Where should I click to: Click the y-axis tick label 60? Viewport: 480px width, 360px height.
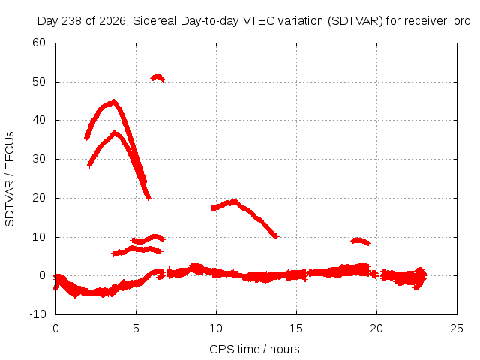(x=39, y=43)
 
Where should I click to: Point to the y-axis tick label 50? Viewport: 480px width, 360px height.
(x=39, y=82)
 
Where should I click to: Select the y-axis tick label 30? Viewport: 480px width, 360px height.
(x=39, y=159)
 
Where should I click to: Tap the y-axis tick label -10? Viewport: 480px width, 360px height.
(x=37, y=314)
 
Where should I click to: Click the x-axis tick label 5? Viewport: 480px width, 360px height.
(x=136, y=328)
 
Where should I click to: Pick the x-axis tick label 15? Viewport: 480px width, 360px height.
(x=296, y=328)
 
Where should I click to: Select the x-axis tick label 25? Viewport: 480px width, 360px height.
(x=457, y=328)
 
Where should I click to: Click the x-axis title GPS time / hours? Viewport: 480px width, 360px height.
(x=254, y=349)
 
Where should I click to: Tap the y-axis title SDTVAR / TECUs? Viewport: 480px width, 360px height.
(x=10, y=179)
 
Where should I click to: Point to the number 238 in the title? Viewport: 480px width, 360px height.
(x=72, y=21)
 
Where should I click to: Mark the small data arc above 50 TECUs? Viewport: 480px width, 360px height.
(x=157, y=76)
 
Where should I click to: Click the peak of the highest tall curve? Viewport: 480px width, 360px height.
(x=114, y=101)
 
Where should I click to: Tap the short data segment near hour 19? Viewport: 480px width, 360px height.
(x=360, y=241)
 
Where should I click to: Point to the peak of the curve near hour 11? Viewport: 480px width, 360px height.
(x=235, y=201)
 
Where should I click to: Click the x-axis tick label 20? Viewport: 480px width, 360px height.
(x=376, y=328)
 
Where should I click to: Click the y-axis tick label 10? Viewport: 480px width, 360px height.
(x=39, y=237)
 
